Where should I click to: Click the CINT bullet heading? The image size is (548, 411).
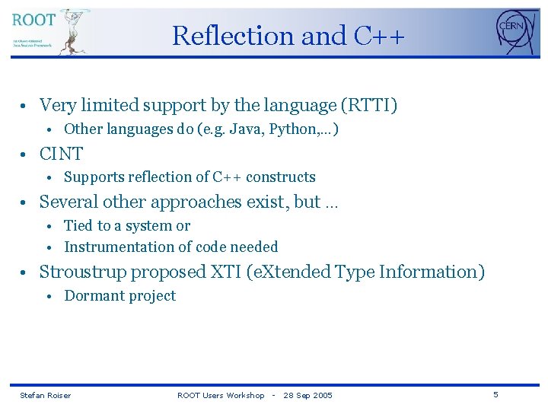[x=61, y=154]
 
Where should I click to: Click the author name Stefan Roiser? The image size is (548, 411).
[x=45, y=395]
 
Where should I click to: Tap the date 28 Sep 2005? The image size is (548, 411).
[x=307, y=395]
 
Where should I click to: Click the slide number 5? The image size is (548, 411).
[x=495, y=394]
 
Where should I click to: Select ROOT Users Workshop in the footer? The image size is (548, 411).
[x=221, y=395]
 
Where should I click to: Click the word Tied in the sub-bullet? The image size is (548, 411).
[x=78, y=226]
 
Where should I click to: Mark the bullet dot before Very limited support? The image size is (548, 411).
[x=25, y=106]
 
